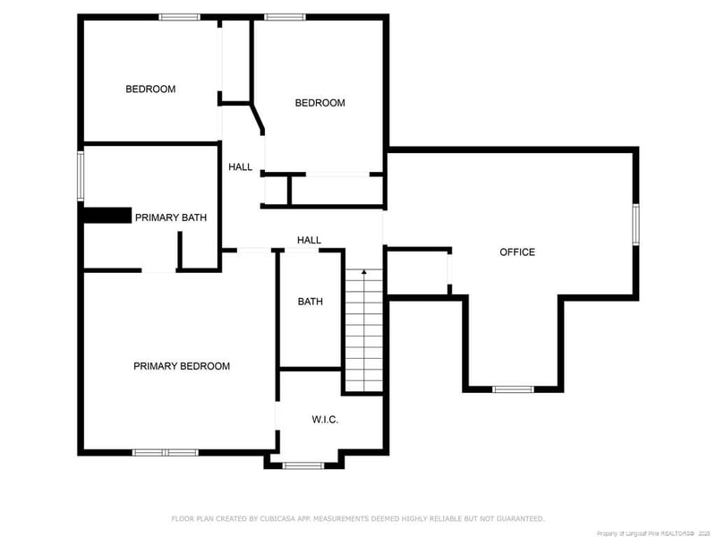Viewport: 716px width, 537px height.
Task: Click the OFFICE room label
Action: [517, 252]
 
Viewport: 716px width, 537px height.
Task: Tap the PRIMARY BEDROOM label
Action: [182, 366]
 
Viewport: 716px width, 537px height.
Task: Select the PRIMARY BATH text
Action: [171, 217]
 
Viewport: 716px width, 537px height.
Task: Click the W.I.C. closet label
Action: [325, 420]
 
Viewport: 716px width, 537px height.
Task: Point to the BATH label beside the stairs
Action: [311, 302]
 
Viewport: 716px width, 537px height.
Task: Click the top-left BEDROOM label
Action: [150, 89]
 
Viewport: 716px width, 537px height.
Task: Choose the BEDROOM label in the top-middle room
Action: [320, 103]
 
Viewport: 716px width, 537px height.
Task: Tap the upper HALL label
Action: [240, 167]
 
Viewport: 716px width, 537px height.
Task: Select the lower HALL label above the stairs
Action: [310, 240]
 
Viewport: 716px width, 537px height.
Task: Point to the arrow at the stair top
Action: [364, 273]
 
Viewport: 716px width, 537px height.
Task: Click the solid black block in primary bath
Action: [106, 216]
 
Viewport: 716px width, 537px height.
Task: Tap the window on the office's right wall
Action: [635, 224]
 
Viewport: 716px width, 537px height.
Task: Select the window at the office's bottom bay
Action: [514, 389]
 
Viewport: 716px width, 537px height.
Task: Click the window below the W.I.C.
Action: [303, 465]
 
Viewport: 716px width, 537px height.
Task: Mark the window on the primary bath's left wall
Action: [81, 175]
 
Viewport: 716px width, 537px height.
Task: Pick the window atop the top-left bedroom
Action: [179, 17]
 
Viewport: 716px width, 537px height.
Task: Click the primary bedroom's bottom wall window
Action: [166, 453]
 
